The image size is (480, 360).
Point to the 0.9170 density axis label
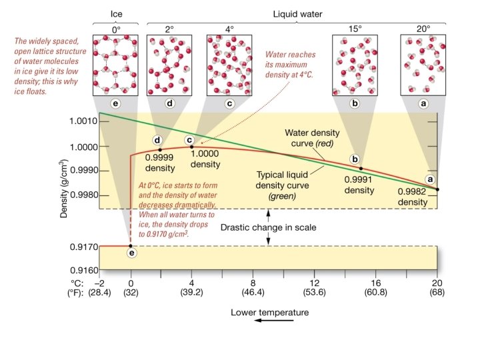point(85,247)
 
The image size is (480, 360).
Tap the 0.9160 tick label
point(85,271)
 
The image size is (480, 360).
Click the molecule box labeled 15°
point(356,65)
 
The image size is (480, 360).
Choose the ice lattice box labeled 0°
point(117,65)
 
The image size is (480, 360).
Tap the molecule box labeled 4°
point(231,65)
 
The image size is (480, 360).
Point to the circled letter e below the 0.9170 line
point(131,253)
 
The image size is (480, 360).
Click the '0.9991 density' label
point(359,184)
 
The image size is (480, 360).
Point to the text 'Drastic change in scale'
point(269,227)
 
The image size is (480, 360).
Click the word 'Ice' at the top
point(117,13)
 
